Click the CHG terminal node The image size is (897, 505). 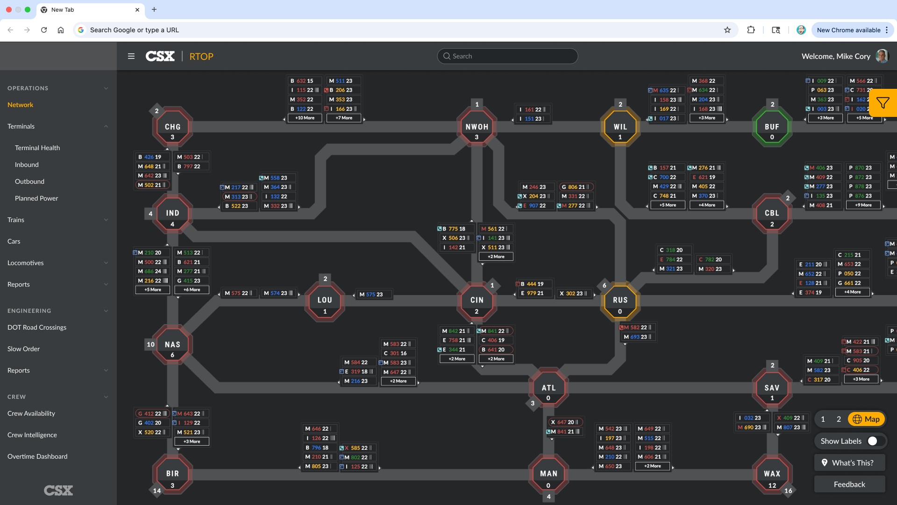172,127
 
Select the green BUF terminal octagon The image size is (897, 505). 772,127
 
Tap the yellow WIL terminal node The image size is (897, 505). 620,127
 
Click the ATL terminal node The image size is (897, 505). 548,388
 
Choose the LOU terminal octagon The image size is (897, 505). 325,300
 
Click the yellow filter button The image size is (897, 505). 883,103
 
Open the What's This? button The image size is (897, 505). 849,462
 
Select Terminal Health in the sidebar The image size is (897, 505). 37,148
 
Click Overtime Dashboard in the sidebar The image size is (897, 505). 37,456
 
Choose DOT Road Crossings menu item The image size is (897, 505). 37,327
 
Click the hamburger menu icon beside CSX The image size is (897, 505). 131,56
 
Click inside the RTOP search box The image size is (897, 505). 507,56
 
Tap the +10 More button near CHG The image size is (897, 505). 305,118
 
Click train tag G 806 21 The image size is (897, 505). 576,187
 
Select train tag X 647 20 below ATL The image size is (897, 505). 565,422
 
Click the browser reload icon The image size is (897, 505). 44,30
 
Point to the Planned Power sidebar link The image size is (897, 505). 36,198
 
